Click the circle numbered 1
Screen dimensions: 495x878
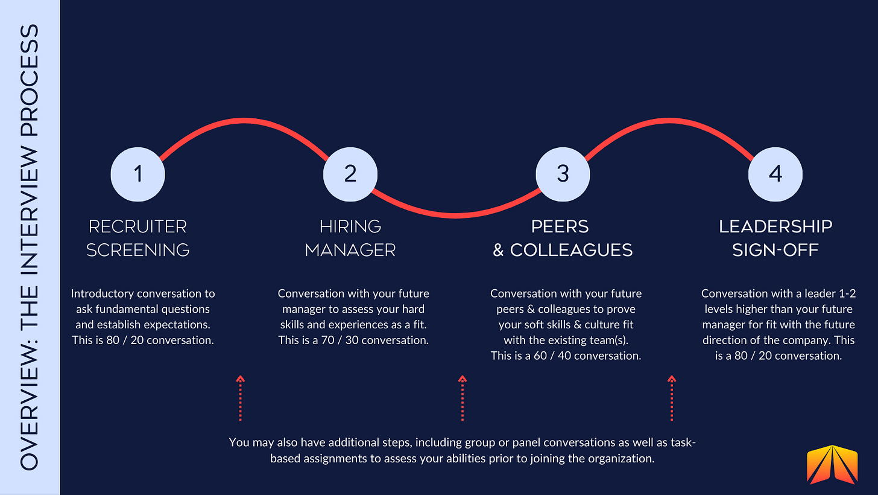(x=138, y=174)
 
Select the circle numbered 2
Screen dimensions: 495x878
(x=350, y=174)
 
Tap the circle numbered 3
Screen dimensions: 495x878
(x=563, y=174)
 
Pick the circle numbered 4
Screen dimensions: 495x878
(x=775, y=174)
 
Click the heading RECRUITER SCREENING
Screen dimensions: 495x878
(x=138, y=238)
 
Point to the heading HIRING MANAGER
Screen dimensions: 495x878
(x=350, y=238)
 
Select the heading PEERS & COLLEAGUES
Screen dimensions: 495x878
(x=563, y=238)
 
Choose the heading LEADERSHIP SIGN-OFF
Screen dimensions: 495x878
(x=775, y=238)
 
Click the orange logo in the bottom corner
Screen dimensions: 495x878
(x=832, y=465)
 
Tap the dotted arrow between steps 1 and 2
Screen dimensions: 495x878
(x=240, y=398)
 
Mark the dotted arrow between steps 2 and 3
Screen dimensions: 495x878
(x=463, y=398)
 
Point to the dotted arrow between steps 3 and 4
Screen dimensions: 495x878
(x=672, y=398)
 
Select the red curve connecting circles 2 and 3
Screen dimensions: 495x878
(x=456, y=214)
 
